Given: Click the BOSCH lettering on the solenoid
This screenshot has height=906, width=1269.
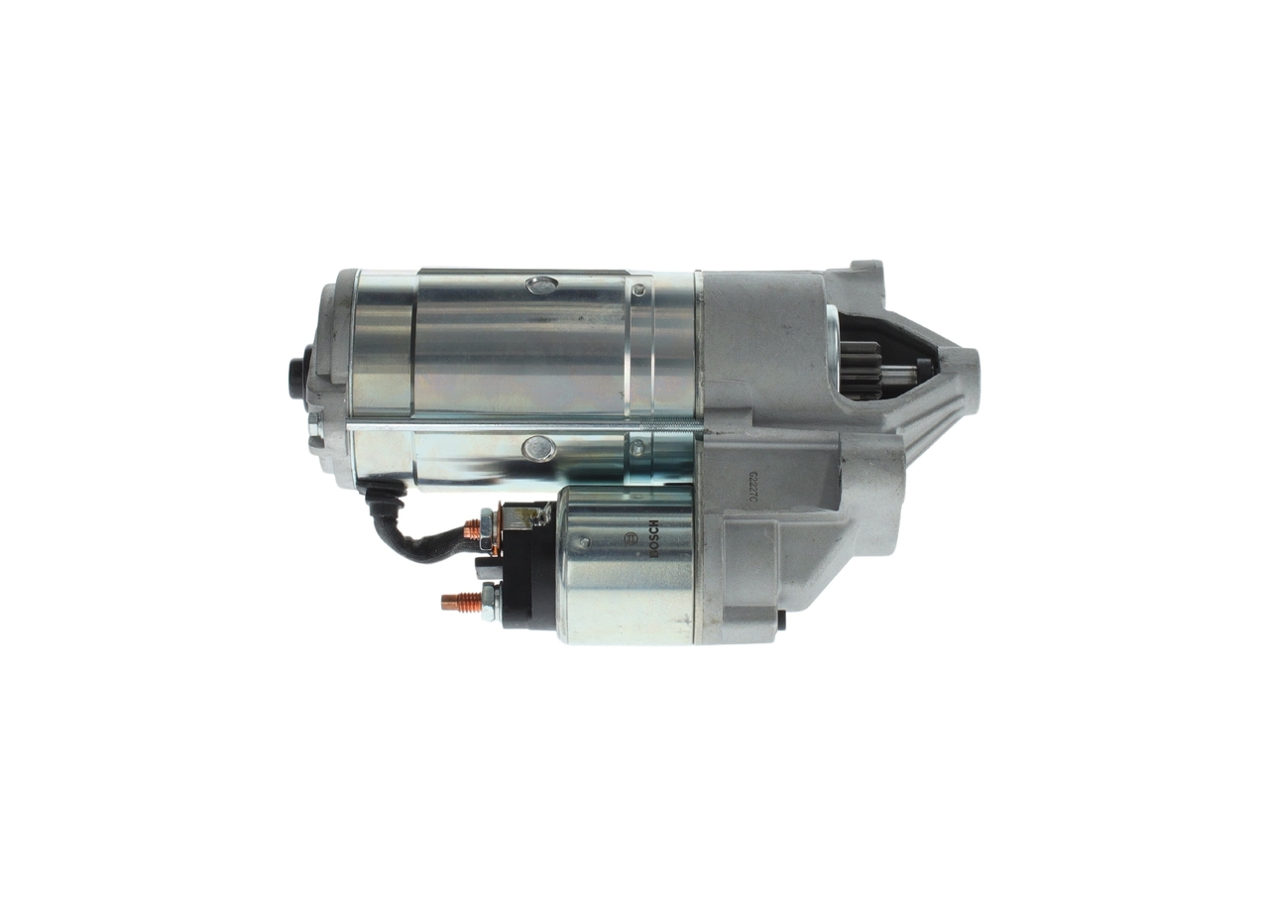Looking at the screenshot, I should pos(653,538).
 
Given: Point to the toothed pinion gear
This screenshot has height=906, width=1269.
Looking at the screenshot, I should pos(861,369).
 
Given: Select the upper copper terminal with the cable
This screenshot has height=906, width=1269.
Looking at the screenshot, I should pos(472,531).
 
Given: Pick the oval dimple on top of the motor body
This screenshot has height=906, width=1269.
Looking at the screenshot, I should pos(541,285).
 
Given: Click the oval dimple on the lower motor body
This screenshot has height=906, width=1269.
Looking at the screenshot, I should pos(538,449).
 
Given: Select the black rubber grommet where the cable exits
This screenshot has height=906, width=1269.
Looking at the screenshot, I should pos(381,493).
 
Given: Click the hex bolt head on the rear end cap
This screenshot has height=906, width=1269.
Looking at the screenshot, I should pos(314,431).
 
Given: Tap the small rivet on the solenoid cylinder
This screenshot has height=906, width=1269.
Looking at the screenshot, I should pos(584,543).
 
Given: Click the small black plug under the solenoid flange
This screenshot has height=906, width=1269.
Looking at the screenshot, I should pos(781,620).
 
